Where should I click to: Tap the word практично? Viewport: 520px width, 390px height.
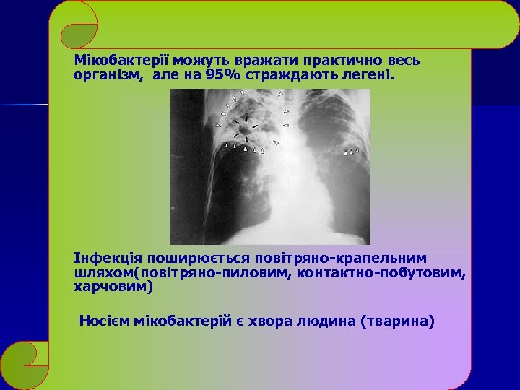(346, 61)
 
